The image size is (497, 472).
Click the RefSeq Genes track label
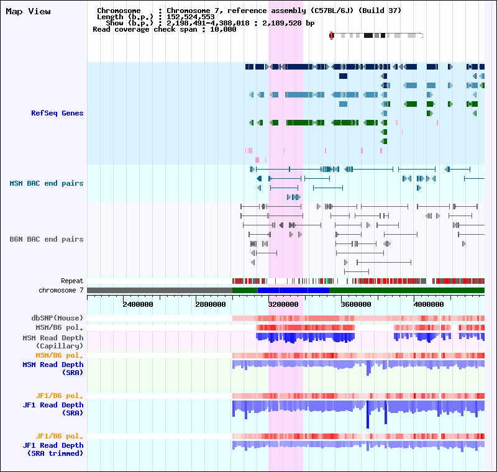(x=57, y=113)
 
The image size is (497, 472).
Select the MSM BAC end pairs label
(x=46, y=183)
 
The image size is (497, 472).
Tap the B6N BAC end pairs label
(x=46, y=239)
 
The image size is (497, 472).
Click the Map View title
(x=28, y=12)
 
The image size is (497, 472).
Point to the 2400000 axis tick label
(x=138, y=304)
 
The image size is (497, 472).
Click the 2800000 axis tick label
(x=211, y=304)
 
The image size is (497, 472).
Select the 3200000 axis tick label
(x=283, y=304)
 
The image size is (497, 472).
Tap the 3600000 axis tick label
(x=356, y=304)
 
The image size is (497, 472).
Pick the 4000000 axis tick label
(x=429, y=304)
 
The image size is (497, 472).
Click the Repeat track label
(x=72, y=281)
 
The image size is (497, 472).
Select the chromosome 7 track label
(x=61, y=291)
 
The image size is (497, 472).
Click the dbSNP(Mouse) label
(x=57, y=318)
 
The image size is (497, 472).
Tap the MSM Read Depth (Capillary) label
(x=53, y=342)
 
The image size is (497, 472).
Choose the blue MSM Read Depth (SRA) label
(x=53, y=369)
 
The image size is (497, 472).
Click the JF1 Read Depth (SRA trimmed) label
(x=53, y=449)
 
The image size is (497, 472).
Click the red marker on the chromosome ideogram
(x=332, y=35)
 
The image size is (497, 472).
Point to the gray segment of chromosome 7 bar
(x=160, y=291)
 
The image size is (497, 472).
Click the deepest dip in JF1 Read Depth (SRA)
(x=368, y=426)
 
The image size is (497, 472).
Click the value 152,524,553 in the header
(x=191, y=17)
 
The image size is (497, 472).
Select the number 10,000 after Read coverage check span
(x=223, y=29)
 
